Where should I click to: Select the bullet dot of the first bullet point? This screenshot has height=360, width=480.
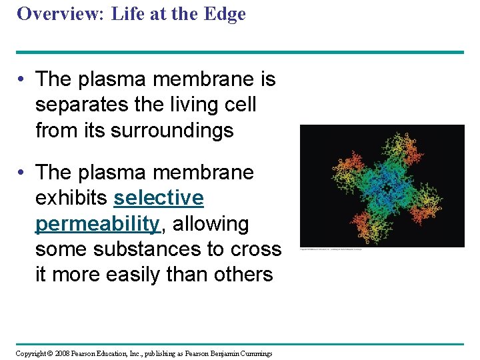23,79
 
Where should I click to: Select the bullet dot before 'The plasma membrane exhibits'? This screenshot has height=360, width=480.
23,173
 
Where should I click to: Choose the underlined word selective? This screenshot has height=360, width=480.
159,198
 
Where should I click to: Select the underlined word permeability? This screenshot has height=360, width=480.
98,223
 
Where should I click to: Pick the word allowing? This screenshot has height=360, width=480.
211,223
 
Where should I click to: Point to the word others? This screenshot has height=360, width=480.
241,274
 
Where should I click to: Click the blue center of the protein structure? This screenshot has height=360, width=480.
381,184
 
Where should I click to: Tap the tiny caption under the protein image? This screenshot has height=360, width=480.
340,249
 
